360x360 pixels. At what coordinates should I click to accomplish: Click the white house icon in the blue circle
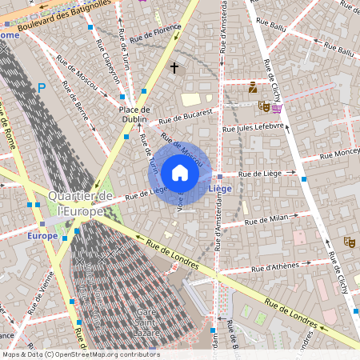pos(180,173)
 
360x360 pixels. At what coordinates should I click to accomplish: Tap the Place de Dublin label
pos(134,115)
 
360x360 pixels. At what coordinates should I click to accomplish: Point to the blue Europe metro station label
pos(42,236)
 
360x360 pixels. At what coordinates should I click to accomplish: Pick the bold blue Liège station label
pos(220,189)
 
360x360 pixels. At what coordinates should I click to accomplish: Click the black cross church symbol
pos(174,69)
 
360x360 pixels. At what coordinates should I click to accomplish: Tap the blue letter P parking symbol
pos(41,88)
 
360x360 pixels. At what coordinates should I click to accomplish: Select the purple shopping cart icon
pos(277,108)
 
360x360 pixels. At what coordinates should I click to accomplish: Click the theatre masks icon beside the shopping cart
pos(263,106)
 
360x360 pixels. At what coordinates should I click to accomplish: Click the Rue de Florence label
pos(156,33)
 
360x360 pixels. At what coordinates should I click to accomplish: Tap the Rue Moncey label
pos(338,151)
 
